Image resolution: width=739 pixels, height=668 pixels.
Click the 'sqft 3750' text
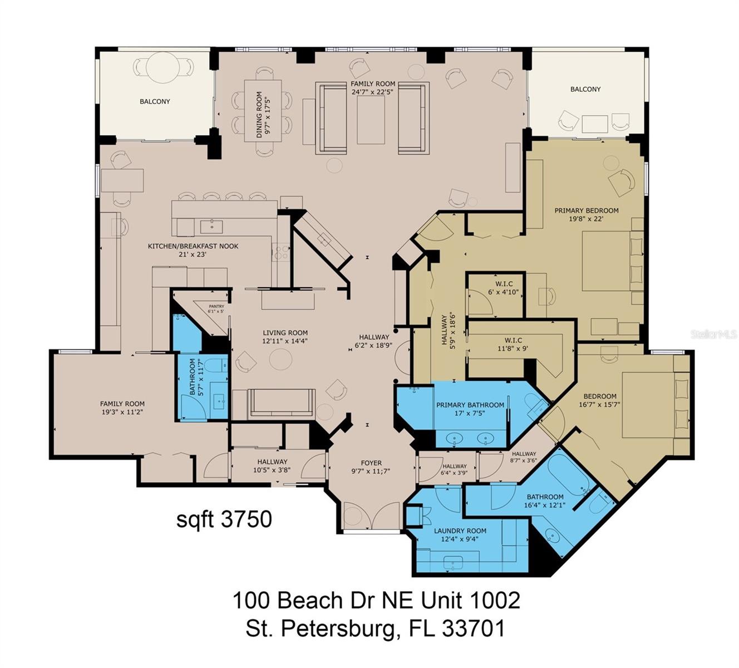(224, 519)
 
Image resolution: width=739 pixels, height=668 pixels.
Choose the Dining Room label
(262, 115)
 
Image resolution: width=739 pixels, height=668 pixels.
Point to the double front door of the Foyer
(371, 516)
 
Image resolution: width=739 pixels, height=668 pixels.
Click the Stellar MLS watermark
(714, 334)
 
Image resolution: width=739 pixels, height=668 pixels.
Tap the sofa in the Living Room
(281, 402)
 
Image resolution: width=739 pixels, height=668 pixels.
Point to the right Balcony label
(585, 89)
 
